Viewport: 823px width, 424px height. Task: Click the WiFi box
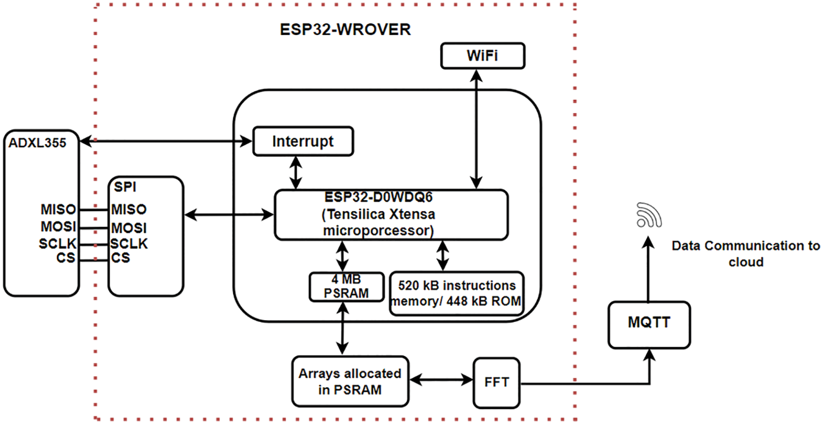click(x=483, y=56)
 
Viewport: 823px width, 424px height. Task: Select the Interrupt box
click(x=303, y=141)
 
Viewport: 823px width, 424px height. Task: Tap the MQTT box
click(x=649, y=324)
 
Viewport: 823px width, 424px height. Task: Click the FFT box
click(x=496, y=382)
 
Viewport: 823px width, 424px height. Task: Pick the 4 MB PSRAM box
click(x=347, y=287)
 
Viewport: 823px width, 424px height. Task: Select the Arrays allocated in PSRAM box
click(x=350, y=381)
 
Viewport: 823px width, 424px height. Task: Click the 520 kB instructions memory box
click(x=456, y=294)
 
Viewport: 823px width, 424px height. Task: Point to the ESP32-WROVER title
click(x=345, y=29)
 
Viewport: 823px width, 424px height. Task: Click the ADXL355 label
click(x=37, y=143)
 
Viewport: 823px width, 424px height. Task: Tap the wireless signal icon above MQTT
click(x=649, y=216)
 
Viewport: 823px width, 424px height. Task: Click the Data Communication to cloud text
click(x=745, y=253)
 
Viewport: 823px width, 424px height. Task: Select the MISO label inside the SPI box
click(x=129, y=209)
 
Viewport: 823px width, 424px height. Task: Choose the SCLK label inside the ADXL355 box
click(x=57, y=244)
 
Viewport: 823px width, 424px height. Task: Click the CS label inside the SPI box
click(x=121, y=258)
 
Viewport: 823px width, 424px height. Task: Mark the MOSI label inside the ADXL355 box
click(x=58, y=227)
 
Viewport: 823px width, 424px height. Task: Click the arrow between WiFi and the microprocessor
click(x=476, y=129)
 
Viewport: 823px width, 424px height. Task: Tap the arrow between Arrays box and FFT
click(x=441, y=380)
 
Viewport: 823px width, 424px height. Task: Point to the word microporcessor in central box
click(x=378, y=230)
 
